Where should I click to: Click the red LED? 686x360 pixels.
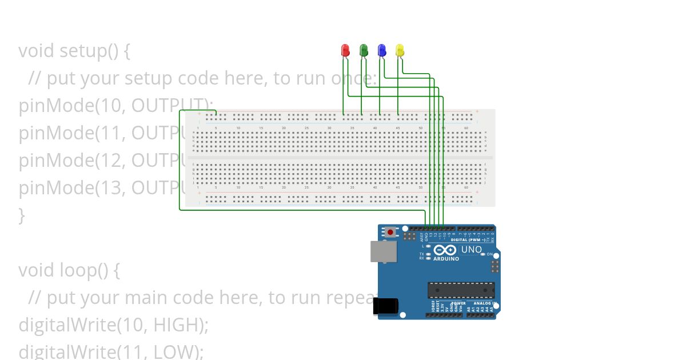tap(345, 51)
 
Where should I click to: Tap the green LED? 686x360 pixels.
tap(363, 51)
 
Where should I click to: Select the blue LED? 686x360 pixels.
tap(381, 51)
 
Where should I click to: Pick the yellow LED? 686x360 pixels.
tap(400, 51)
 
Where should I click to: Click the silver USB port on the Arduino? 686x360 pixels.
tap(382, 251)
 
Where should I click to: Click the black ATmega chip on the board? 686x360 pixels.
tap(461, 290)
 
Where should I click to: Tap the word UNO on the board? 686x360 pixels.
tap(471, 250)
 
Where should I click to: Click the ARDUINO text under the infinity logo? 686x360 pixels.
tap(446, 259)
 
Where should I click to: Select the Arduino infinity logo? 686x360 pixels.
tap(445, 250)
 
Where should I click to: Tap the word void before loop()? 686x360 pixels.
tap(37, 270)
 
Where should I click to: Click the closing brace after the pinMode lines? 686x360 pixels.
tap(22, 215)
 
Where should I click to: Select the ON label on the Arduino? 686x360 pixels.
tap(490, 254)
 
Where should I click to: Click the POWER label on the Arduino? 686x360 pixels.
tap(458, 303)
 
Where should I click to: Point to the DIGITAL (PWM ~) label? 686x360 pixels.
tap(468, 240)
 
